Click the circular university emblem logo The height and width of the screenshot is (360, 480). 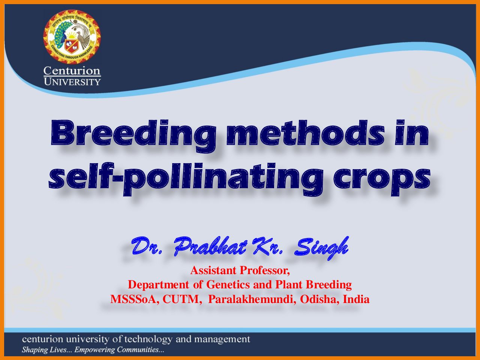click(72, 37)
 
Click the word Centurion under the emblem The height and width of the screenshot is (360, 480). click(72, 71)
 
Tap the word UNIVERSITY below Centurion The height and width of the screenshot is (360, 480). click(72, 82)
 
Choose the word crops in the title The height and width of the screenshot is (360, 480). click(382, 180)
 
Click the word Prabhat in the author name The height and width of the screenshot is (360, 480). click(211, 246)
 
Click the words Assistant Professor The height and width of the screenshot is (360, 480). click(240, 270)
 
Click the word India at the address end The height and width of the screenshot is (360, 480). click(356, 299)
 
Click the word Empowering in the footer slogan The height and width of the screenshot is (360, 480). click(94, 350)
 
